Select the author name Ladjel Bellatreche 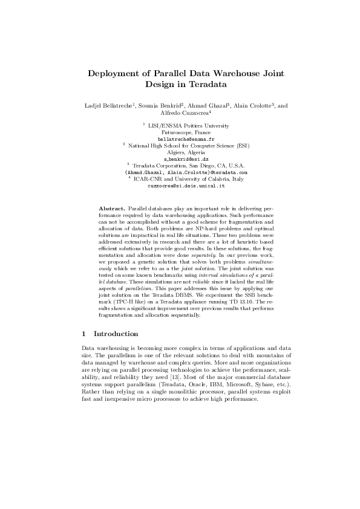[x=108, y=106]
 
